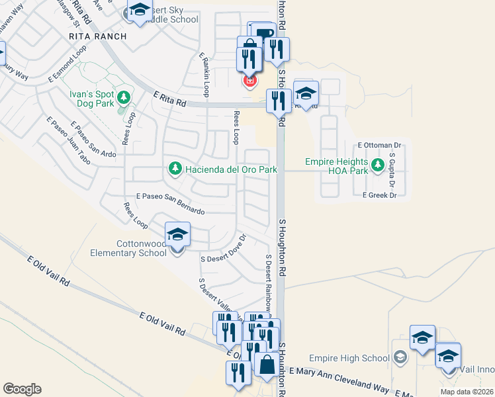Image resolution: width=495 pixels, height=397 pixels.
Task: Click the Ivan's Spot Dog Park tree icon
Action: point(123,99)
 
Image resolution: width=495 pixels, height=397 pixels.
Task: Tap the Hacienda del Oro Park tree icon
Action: point(175,169)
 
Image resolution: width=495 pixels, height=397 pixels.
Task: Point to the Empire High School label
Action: point(357,359)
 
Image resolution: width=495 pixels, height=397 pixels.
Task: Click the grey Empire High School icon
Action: point(400,358)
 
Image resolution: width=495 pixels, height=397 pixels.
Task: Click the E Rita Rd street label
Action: point(168,100)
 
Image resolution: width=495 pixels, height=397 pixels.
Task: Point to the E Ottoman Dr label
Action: point(379,145)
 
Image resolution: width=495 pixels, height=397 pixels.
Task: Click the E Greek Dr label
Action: point(379,195)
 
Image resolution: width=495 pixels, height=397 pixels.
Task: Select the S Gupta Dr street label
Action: point(392,168)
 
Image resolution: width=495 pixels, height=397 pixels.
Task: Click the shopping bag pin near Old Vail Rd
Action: point(266,365)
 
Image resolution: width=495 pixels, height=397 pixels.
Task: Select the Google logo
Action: point(22,389)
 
